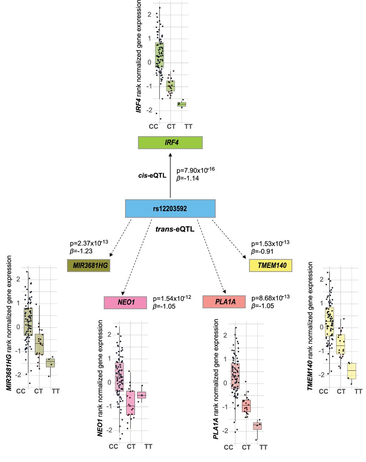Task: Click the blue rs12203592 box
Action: pyautogui.click(x=170, y=209)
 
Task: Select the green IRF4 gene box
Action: pyautogui.click(x=170, y=143)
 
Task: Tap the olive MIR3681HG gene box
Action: pyautogui.click(x=89, y=266)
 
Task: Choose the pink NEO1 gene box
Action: pyautogui.click(x=125, y=302)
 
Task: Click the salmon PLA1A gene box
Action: pyautogui.click(x=224, y=302)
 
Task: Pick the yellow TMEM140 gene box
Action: pyautogui.click(x=270, y=266)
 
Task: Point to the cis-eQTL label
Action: pyautogui.click(x=152, y=176)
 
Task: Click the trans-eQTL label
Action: pyautogui.click(x=175, y=229)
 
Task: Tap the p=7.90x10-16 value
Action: pyautogui.click(x=195, y=170)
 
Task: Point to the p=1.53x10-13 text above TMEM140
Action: pyautogui.click(x=270, y=244)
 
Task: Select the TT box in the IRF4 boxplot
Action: pyautogui.click(x=181, y=104)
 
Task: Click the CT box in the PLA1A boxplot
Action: pyautogui.click(x=246, y=406)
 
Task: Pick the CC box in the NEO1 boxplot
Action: pyautogui.click(x=120, y=377)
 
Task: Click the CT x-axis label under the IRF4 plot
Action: pyautogui.click(x=171, y=127)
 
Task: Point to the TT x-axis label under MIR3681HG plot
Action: pyautogui.click(x=56, y=391)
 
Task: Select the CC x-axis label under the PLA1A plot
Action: pyautogui.click(x=228, y=448)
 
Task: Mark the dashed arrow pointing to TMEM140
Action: pyautogui.click(x=229, y=240)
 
